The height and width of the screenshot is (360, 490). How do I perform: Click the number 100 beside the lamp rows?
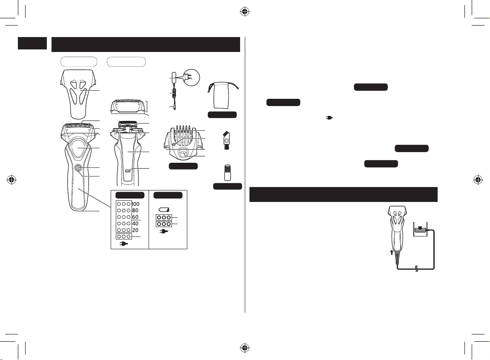(136, 204)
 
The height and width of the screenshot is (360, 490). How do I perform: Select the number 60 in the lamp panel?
(135, 217)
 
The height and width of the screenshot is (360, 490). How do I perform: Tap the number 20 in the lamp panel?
(135, 230)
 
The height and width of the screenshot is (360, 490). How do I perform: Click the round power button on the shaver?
(77, 168)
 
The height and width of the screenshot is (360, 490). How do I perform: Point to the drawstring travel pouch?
(222, 95)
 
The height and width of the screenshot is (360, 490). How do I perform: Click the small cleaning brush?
(226, 140)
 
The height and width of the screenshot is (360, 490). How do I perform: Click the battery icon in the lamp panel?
(164, 210)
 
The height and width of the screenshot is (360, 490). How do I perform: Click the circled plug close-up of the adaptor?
(191, 77)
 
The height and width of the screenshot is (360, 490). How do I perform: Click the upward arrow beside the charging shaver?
(392, 252)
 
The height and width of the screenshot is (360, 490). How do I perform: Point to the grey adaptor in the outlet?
(421, 231)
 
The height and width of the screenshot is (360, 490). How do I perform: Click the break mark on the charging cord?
(416, 269)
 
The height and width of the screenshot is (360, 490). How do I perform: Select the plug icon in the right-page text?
(329, 118)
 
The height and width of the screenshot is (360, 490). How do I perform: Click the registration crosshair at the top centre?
(245, 12)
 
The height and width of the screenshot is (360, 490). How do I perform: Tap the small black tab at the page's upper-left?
(32, 43)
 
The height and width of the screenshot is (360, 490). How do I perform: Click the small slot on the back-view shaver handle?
(127, 170)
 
